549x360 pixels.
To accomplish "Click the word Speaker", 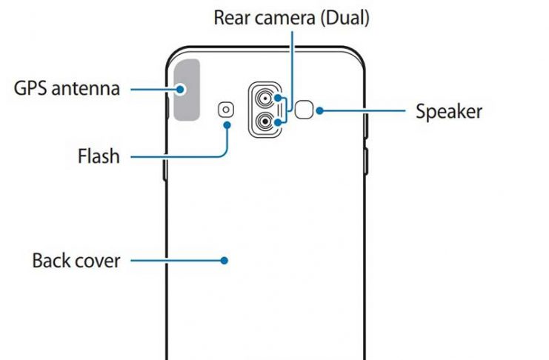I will pyautogui.click(x=449, y=112).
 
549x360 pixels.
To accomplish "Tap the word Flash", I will pyautogui.click(x=99, y=157).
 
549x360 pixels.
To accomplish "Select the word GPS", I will pyautogui.click(x=32, y=90).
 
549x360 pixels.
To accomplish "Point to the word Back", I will pyautogui.click(x=50, y=261).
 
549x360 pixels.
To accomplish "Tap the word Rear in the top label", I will pyautogui.click(x=233, y=18).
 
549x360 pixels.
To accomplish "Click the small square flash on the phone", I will pyautogui.click(x=226, y=110).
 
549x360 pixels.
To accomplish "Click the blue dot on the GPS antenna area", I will pyautogui.click(x=182, y=90).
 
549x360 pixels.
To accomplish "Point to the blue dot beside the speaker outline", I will pyautogui.click(x=319, y=111).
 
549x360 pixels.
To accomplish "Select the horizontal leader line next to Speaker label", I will pyautogui.click(x=363, y=111).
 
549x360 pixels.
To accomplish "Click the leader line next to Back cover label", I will pyautogui.click(x=174, y=261).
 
